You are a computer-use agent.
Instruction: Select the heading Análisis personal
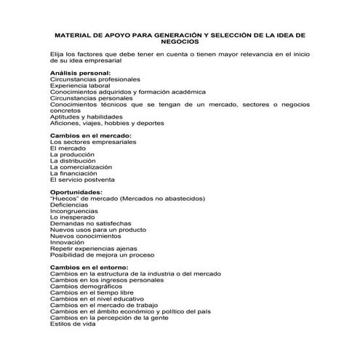80,73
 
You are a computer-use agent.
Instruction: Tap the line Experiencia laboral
81,86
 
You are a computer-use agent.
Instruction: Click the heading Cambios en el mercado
90,136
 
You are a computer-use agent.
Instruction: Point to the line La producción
73,154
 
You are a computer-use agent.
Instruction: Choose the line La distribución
74,161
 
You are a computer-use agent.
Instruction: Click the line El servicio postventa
82,179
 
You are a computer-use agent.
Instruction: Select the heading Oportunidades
77,192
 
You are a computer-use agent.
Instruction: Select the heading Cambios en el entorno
89,267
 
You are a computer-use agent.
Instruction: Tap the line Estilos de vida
73,324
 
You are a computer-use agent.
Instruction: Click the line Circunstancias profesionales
95,79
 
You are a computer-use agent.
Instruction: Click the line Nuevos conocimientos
85,236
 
